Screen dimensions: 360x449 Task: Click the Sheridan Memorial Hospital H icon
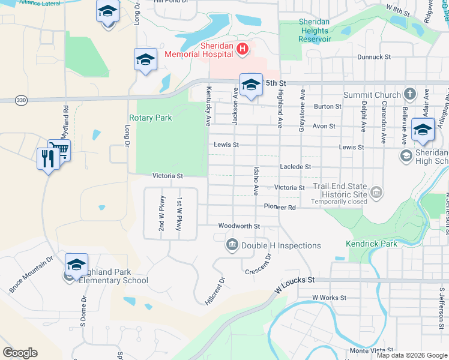(x=243, y=49)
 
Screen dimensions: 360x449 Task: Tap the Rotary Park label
(x=151, y=118)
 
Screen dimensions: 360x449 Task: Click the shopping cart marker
(x=59, y=150)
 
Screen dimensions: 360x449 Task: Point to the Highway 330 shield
(x=22, y=100)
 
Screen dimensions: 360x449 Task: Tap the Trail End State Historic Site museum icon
(x=376, y=192)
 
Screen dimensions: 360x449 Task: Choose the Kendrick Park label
(x=372, y=244)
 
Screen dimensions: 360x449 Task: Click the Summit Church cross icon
(x=409, y=94)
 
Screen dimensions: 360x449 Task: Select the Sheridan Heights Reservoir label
(x=315, y=31)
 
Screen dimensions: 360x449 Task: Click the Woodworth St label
(x=239, y=226)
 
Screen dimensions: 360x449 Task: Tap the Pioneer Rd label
(x=280, y=207)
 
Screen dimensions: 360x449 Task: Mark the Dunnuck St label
(x=373, y=57)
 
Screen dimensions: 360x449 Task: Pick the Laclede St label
(x=295, y=167)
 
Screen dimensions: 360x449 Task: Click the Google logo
(x=20, y=353)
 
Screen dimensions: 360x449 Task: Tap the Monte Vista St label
(x=372, y=350)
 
